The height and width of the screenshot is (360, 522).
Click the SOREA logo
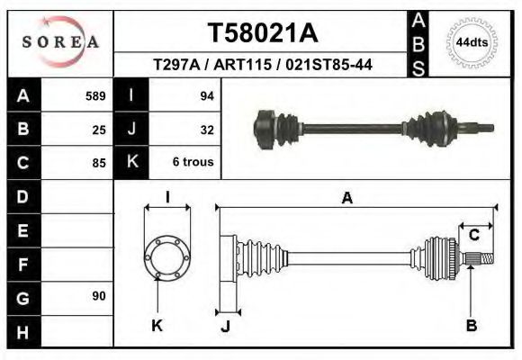pos(60,41)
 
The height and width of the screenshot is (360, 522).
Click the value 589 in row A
pos(95,95)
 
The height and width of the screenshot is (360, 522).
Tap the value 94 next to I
pos(206,95)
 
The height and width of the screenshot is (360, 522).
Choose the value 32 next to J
pos(206,129)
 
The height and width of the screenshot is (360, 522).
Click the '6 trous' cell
pos(193,163)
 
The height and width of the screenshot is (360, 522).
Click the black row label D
pos(22,196)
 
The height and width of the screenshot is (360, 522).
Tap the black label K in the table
pos(131,163)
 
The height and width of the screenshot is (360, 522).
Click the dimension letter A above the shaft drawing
pos(346,199)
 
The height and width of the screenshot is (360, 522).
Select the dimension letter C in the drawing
pos(473,236)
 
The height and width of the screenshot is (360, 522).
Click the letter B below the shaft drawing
pos(471,325)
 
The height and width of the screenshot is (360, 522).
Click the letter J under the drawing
pos(226,326)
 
